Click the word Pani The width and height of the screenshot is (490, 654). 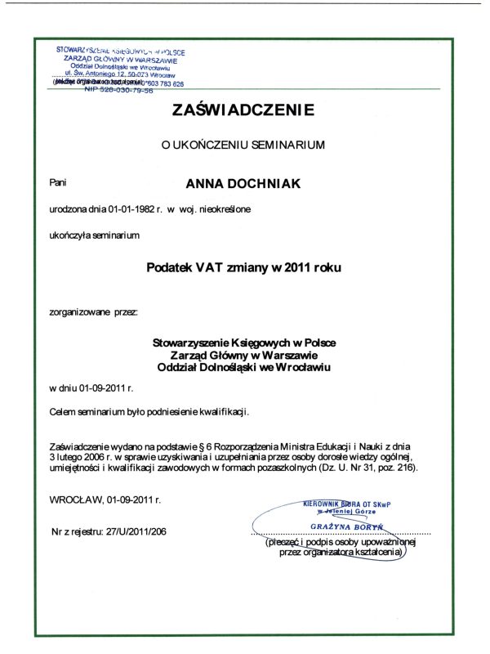point(57,183)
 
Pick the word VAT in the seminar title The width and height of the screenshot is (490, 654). point(208,267)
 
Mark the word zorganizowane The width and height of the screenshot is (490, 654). point(79,311)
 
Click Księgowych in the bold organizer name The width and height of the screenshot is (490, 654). point(252,342)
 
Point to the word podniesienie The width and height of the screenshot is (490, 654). point(176,413)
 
